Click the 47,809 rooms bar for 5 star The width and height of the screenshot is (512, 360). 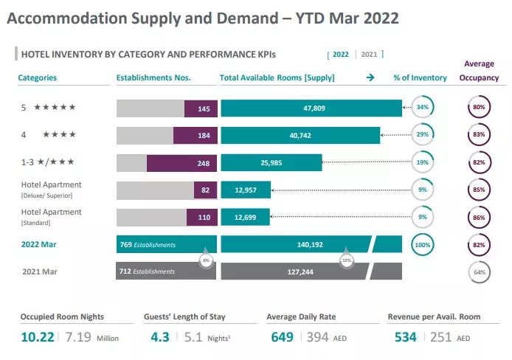pos(311,108)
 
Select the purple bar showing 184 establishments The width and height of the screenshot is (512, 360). pos(195,135)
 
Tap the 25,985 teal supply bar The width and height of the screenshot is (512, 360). pos(271,162)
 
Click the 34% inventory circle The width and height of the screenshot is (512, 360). pos(422,108)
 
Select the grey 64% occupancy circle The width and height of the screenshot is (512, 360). pos(479,271)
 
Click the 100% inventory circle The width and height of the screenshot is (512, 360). pos(422,244)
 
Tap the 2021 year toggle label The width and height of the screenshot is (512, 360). pos(369,54)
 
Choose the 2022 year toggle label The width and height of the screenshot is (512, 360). pos(341,54)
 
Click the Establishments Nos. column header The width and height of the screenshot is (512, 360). pos(153,77)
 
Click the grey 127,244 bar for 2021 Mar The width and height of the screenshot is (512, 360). pos(311,271)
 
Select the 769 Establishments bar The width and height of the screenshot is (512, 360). pos(166,244)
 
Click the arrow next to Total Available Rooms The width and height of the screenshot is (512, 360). pos(370,77)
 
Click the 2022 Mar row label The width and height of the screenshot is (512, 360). pos(40,244)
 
